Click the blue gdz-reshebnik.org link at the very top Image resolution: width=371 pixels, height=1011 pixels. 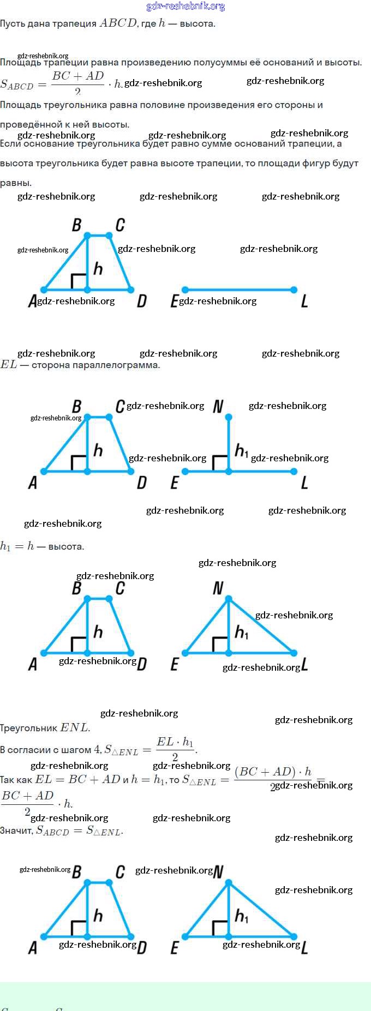(x=185, y=6)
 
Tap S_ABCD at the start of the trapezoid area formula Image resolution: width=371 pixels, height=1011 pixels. (x=17, y=85)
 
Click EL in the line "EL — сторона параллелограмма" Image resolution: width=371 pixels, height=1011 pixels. (x=9, y=365)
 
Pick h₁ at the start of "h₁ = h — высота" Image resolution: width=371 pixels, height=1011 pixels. (x=5, y=546)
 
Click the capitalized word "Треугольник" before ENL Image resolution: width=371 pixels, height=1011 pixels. (x=28, y=728)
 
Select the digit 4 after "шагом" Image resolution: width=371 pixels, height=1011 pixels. (x=97, y=749)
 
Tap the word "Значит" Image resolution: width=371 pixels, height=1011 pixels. (x=16, y=831)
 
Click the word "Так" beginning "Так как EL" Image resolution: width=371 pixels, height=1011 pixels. (x=8, y=780)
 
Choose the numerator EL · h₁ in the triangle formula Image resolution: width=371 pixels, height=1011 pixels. (x=175, y=742)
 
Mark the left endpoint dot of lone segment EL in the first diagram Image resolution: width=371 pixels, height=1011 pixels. (x=185, y=290)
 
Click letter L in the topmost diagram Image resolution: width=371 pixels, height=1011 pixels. (x=304, y=301)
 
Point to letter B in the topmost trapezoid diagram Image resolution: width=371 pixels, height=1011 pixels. (x=76, y=225)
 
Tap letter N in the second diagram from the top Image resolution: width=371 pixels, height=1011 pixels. (x=218, y=406)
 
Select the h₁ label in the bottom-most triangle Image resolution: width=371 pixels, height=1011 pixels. (x=241, y=916)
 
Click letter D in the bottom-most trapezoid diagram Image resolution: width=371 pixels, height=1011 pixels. (x=142, y=948)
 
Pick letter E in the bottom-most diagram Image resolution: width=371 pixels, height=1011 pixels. (x=175, y=948)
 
